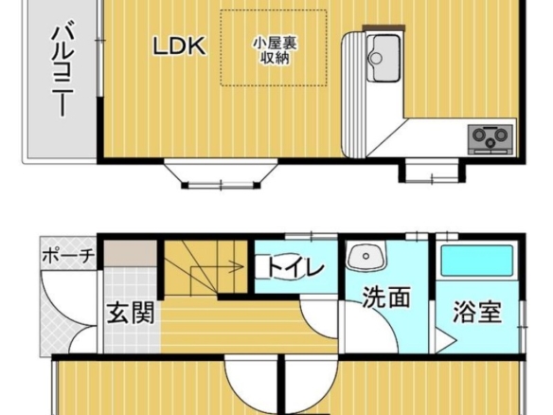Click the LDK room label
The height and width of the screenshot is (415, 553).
179,45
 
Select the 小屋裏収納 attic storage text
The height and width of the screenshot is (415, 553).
275,50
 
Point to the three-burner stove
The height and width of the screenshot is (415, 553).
491,139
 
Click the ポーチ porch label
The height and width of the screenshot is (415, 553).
68,256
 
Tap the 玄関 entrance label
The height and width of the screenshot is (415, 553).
132,313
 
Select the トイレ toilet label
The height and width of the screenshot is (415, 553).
295,267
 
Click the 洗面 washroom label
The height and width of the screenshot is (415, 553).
386,297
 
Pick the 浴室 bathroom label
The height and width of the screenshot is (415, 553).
477,312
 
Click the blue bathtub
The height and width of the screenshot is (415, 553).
477,262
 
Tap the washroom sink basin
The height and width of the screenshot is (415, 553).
366,256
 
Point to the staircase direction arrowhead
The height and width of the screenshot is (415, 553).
240,266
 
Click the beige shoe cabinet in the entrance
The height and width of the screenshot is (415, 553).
131,254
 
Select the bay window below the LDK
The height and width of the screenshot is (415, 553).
221,174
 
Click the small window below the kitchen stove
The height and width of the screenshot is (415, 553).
432,171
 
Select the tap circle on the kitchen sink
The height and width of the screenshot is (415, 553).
376,58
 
